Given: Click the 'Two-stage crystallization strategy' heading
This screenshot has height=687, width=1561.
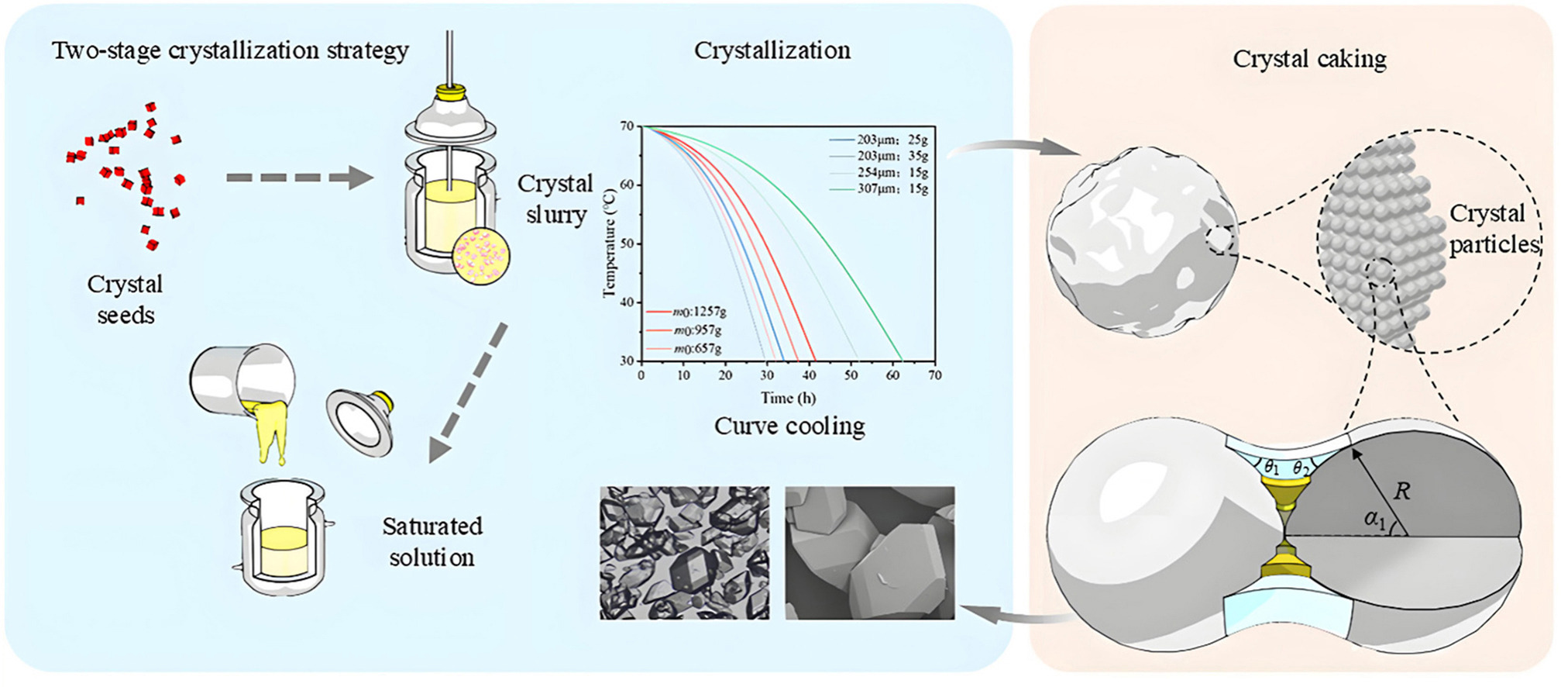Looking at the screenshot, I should pyautogui.click(x=230, y=51).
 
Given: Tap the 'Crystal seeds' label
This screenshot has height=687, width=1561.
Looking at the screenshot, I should pyautogui.click(x=125, y=299).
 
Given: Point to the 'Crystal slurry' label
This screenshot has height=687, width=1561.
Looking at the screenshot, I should pyautogui.click(x=555, y=199).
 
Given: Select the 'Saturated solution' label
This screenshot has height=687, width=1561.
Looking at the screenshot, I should pyautogui.click(x=432, y=541).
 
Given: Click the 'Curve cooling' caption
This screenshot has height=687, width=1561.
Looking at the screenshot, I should pyautogui.click(x=789, y=426).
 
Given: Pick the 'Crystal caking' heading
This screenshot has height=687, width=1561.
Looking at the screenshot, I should pyautogui.click(x=1309, y=59).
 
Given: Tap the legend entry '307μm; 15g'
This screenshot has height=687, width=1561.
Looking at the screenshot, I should pyautogui.click(x=892, y=188).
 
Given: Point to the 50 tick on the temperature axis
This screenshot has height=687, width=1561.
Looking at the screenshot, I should pyautogui.click(x=626, y=243).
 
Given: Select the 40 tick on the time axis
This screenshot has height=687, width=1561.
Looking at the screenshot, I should pyautogui.click(x=809, y=375).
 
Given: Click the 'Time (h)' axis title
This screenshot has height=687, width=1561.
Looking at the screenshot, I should pyautogui.click(x=788, y=398).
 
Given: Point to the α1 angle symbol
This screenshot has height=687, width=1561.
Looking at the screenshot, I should pyautogui.click(x=1374, y=520).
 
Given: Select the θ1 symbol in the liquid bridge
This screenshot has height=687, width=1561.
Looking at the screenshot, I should pyautogui.click(x=1271, y=468).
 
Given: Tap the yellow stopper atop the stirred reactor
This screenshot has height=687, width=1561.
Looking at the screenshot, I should pyautogui.click(x=449, y=93).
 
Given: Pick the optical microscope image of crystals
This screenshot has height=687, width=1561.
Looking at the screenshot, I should pyautogui.click(x=684, y=553).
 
